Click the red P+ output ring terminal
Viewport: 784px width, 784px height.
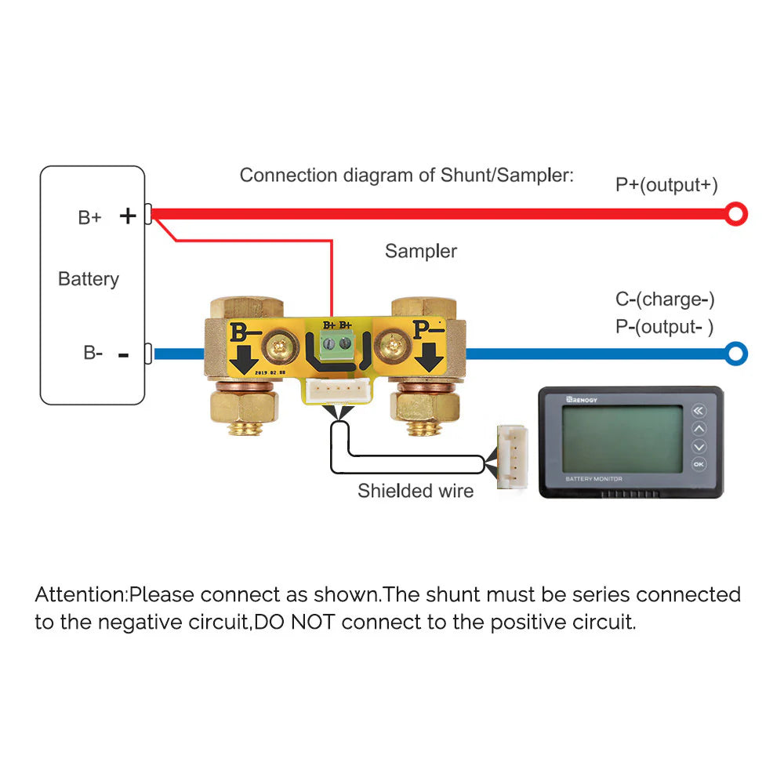click(x=736, y=213)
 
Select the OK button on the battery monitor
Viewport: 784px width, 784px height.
click(x=699, y=464)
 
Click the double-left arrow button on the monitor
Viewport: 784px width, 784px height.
click(x=699, y=411)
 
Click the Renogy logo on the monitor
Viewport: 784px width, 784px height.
click(x=580, y=399)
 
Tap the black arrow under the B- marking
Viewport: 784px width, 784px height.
click(x=245, y=358)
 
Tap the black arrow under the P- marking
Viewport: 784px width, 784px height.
click(x=428, y=358)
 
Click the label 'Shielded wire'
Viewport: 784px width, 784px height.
click(x=416, y=492)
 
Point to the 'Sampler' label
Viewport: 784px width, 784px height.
click(x=420, y=252)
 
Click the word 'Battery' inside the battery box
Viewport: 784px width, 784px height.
click(x=89, y=279)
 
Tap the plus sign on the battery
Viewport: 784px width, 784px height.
click(x=128, y=216)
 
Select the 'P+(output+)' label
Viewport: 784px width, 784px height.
click(x=666, y=185)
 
